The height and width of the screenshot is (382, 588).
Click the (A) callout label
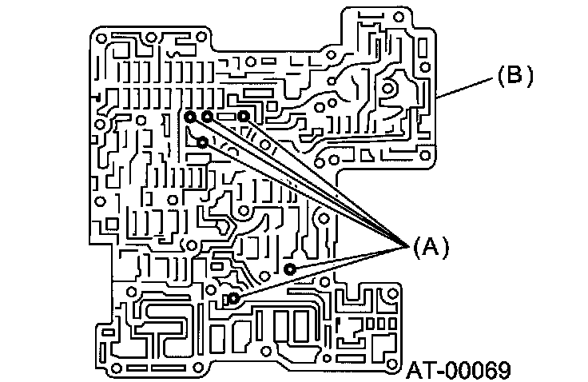coord(431,247)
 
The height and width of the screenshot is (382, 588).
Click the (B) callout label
coord(515,77)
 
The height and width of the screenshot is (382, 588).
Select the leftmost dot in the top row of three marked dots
coord(190,117)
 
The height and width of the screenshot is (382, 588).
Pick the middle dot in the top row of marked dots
coord(207,117)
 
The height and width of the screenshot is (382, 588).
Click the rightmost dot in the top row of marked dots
coord(244,117)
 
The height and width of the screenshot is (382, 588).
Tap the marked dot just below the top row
coord(203,142)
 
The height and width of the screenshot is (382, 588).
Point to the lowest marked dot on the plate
coord(233,299)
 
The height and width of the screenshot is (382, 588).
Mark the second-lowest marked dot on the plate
coord(291,269)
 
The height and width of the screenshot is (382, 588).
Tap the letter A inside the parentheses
coord(431,247)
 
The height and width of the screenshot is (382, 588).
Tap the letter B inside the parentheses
coord(515,77)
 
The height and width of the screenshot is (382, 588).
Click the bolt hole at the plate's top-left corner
coord(100,37)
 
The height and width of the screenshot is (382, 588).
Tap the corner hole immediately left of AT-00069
coord(390,354)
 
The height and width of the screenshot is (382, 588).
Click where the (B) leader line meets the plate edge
coord(439,97)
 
